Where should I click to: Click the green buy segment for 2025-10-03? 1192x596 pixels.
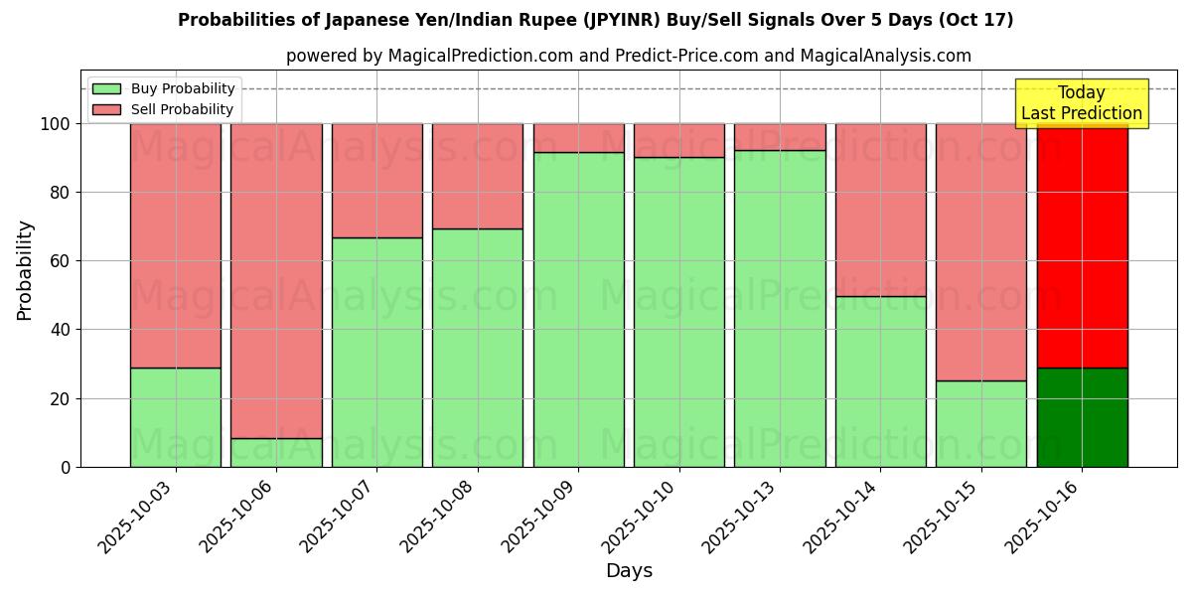(176, 417)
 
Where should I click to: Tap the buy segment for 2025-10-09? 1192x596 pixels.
(578, 309)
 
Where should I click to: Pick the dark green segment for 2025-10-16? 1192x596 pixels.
(1082, 417)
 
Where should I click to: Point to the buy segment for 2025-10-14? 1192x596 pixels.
(880, 381)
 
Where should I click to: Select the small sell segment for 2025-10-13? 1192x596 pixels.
(780, 137)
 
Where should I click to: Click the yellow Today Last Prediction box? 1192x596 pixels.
(1081, 103)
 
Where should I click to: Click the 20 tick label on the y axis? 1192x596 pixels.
(60, 398)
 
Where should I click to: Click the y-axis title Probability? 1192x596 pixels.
(25, 270)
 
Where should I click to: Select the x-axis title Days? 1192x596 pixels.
(629, 571)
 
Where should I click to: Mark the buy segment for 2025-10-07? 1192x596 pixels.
(377, 352)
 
